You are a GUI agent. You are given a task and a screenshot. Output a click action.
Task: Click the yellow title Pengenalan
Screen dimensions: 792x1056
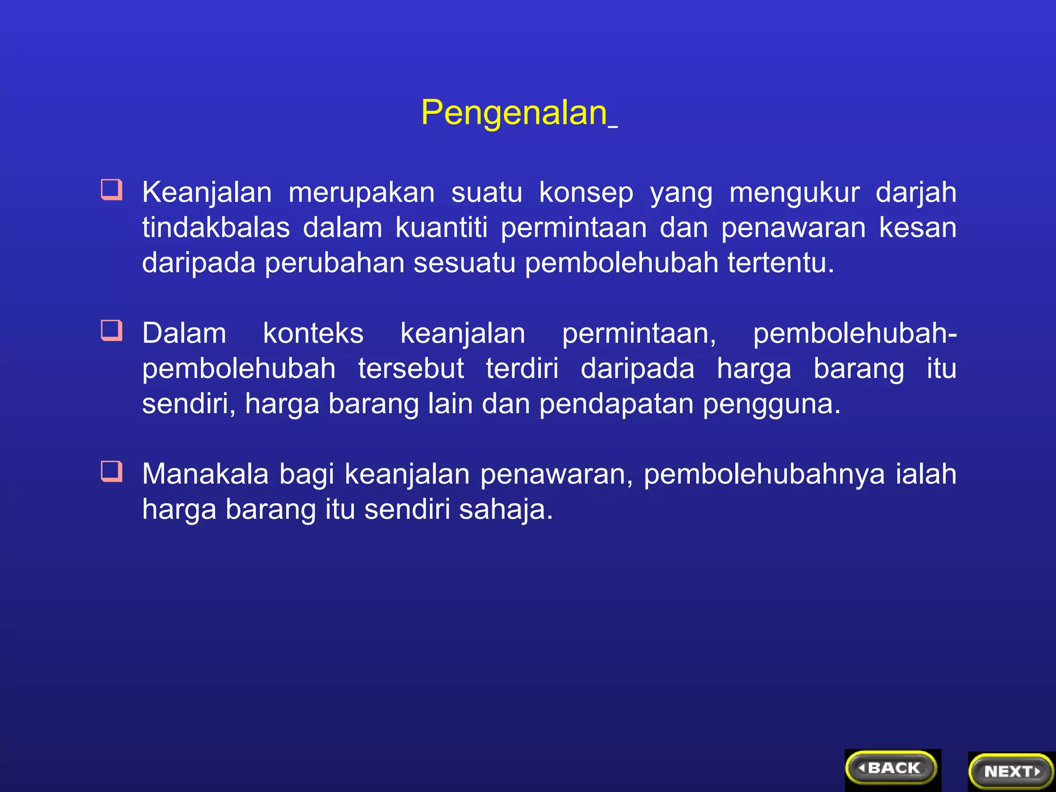(x=515, y=112)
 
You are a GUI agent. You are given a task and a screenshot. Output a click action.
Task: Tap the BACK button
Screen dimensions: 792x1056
(x=891, y=768)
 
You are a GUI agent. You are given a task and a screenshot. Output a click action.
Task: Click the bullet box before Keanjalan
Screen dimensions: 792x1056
(x=111, y=189)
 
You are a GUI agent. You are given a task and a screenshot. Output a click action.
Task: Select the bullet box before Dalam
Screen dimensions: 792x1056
(x=111, y=331)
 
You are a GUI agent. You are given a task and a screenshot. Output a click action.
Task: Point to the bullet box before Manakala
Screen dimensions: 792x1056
(x=111, y=471)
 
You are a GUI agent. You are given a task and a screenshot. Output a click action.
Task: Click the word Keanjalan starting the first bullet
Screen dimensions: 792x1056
(x=207, y=193)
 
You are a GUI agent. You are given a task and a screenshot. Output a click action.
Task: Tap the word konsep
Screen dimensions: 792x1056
(x=586, y=193)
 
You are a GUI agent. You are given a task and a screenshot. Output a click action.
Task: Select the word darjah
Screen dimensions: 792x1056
(x=916, y=193)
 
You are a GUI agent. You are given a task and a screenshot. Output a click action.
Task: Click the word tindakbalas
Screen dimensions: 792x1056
(x=216, y=228)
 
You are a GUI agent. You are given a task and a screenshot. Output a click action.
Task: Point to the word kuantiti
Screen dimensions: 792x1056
(x=441, y=228)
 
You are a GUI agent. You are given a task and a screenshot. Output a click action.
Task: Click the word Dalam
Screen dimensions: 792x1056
(x=184, y=334)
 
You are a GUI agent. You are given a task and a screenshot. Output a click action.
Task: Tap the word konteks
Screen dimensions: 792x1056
(x=313, y=334)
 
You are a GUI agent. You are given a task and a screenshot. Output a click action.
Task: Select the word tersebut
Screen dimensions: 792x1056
(x=411, y=369)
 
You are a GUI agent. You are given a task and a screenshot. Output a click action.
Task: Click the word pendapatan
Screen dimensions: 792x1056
(x=616, y=404)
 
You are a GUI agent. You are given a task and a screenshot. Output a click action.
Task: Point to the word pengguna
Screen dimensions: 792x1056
(x=771, y=405)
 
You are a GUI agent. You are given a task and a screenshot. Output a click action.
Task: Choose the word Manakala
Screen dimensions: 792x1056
(x=205, y=474)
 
